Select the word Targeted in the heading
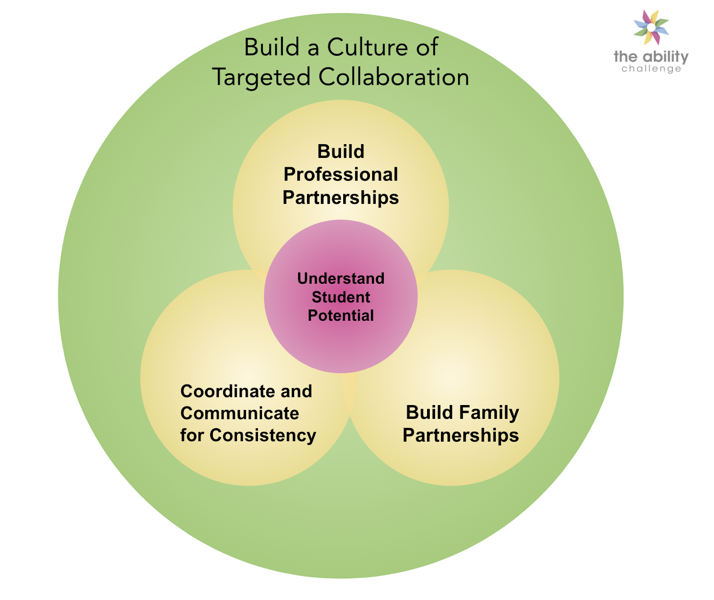pos(261,77)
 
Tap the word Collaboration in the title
pos(394,77)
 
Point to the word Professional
pos(340,174)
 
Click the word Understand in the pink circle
pos(340,278)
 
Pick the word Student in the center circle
pos(340,297)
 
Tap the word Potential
pos(340,316)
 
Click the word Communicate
pos(239,414)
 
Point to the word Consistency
pos(263,435)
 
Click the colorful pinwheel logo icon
pos(651,27)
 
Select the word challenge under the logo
pos(651,69)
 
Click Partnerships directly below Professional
pos(340,198)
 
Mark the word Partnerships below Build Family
pos(461,435)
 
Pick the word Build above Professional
pos(340,152)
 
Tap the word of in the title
pos(427,47)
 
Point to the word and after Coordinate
pos(296,391)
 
